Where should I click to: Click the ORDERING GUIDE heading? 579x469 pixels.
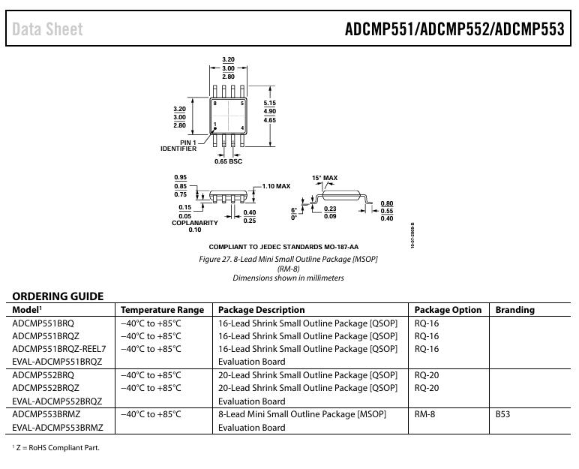click(58, 296)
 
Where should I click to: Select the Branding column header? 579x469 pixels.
click(514, 310)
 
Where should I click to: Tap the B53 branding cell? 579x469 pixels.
click(502, 414)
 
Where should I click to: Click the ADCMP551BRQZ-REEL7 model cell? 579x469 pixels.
click(59, 349)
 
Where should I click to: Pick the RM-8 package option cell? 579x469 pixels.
click(424, 414)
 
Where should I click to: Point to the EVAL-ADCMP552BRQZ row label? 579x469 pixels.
click(57, 401)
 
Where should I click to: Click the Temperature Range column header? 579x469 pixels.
click(162, 310)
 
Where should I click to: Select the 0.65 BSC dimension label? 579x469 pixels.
click(228, 161)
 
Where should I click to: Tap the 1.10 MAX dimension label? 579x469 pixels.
click(276, 186)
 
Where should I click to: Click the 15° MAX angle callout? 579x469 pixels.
click(325, 178)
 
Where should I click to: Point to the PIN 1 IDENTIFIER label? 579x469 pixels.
click(178, 146)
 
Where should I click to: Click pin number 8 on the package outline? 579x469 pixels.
click(215, 103)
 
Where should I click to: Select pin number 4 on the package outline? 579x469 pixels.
click(242, 128)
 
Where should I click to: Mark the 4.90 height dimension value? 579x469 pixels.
click(269, 111)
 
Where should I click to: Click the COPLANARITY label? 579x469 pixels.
click(194, 223)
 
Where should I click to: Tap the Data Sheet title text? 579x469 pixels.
click(48, 29)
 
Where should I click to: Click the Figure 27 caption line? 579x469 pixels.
click(288, 259)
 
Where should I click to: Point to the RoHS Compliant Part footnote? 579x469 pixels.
click(55, 447)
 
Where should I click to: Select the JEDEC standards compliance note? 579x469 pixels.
click(283, 247)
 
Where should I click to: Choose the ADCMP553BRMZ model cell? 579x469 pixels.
click(46, 414)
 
